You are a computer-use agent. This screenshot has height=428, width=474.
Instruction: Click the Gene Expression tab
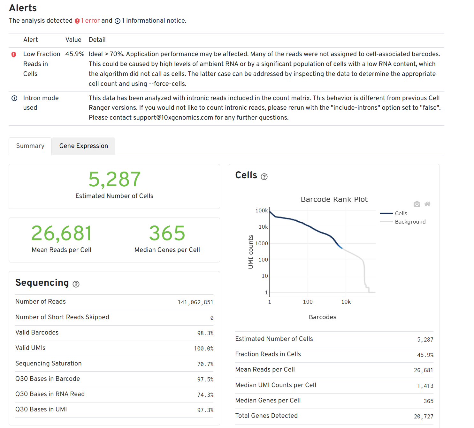pos(83,146)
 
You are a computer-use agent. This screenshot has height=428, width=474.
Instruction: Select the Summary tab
pos(30,146)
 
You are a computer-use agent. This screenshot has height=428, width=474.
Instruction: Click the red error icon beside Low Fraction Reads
pos(14,55)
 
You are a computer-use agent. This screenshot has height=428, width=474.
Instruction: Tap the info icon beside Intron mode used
pos(14,98)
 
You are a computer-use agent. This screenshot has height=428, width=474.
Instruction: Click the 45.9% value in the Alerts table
pos(75,54)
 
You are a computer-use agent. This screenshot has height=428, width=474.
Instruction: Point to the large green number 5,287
pos(114,179)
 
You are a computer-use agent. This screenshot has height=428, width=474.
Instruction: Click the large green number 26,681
pos(62,233)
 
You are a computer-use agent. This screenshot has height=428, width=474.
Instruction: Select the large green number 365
pos(167,233)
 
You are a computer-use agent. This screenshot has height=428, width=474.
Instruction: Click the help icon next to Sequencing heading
pos(76,284)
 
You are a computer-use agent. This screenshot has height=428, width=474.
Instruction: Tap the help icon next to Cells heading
pos(264,177)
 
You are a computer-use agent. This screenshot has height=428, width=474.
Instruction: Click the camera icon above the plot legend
pos(417,204)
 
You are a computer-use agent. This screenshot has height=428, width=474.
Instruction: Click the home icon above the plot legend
pos(427,204)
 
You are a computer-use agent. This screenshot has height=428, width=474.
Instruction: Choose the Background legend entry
pos(410,222)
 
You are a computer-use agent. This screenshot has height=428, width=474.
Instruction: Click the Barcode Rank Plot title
pos(334,199)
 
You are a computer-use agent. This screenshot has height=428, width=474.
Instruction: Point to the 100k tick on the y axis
pos(262,210)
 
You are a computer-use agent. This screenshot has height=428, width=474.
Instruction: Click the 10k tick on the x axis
pos(346,302)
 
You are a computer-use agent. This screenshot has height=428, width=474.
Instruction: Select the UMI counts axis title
pos(251,252)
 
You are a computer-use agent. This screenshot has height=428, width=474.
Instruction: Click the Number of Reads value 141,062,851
pos(195,302)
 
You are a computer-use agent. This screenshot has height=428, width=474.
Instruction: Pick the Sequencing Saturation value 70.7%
pos(205,364)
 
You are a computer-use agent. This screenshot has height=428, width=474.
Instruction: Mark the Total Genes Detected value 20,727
pos(423,417)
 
